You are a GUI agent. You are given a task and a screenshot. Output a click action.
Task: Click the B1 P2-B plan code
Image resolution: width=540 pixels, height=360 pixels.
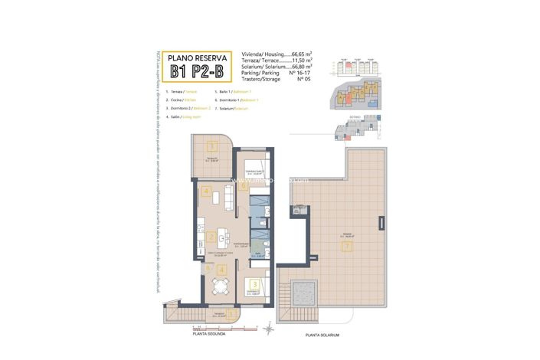click(x=198, y=72)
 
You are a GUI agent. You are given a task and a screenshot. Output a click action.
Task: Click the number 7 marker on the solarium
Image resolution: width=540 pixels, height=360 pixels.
click(x=347, y=247)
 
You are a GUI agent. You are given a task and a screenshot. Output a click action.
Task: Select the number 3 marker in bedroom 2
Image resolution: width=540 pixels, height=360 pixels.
click(x=253, y=284)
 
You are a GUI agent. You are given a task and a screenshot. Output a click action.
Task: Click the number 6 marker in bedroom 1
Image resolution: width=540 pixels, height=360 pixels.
click(x=243, y=185)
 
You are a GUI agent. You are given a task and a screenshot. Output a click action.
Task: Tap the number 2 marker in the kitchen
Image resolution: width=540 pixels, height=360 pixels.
click(x=211, y=237)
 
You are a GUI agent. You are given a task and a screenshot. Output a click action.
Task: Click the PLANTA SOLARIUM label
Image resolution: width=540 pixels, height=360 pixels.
click(x=322, y=335)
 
